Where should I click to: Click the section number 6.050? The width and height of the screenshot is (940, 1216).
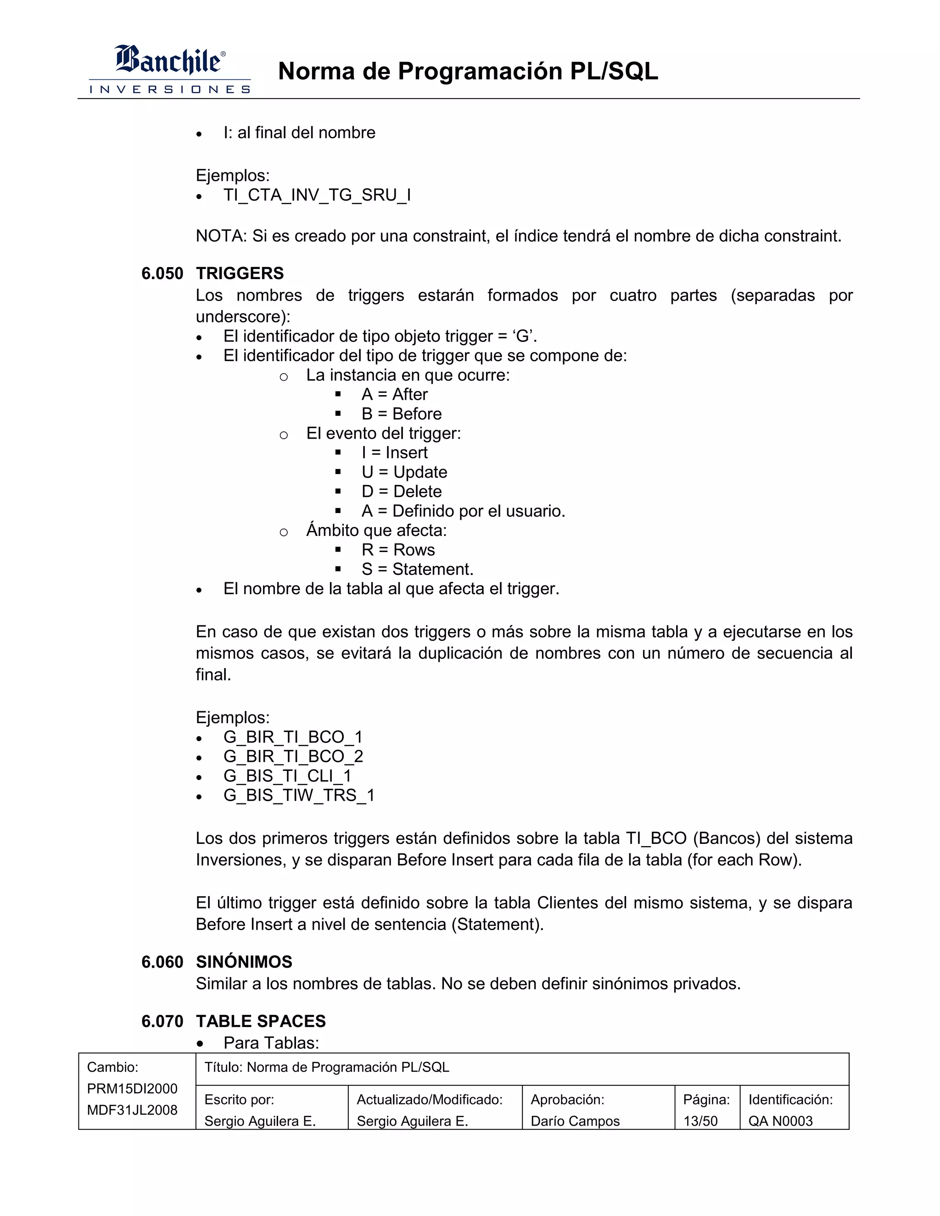coord(162,273)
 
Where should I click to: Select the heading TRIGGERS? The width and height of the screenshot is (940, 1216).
coord(240,273)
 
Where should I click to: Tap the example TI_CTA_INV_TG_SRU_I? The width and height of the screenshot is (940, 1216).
coord(317,195)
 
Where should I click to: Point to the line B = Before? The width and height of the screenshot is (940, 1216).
coord(401,414)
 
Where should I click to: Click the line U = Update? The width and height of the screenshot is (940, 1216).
coord(404,472)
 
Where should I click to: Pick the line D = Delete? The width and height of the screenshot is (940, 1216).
coord(401,491)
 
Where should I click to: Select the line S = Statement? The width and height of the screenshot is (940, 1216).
coord(417,569)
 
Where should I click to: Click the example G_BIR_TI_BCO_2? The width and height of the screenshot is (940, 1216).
coord(293,756)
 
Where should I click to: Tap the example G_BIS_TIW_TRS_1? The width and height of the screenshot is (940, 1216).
coord(299,795)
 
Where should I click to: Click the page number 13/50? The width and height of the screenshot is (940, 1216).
coord(700,1121)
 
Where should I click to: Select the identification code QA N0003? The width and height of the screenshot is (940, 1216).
coord(780,1121)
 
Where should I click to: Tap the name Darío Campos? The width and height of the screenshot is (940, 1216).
coord(575,1121)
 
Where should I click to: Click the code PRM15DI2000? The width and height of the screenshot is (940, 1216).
coord(132,1088)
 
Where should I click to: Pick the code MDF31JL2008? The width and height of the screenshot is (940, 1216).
coord(132,1110)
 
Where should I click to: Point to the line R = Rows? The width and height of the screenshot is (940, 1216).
coord(397,550)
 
